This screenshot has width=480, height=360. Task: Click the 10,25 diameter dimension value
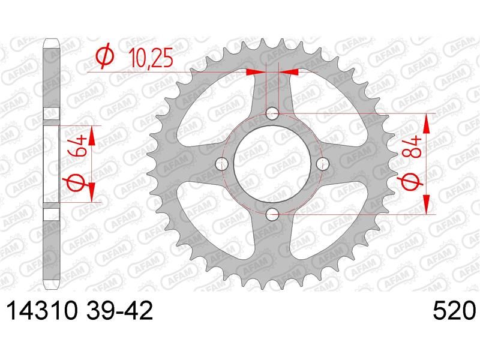(x=151, y=58)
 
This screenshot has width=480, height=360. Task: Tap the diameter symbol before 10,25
(x=106, y=58)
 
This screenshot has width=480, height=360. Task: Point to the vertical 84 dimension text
(x=413, y=147)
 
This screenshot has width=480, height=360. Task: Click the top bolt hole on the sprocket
(x=272, y=114)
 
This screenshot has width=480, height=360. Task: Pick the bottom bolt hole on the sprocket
(x=272, y=214)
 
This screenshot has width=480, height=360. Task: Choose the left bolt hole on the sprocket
(x=222, y=164)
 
